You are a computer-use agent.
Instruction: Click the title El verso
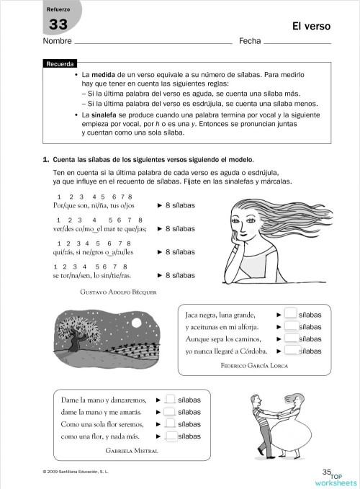click(311, 27)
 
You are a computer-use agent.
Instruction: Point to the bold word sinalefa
click(102, 115)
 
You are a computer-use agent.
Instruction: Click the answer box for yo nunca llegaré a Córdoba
click(291, 351)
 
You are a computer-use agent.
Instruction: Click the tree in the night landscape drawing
click(81, 328)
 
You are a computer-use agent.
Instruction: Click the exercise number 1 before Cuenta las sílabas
click(45, 158)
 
